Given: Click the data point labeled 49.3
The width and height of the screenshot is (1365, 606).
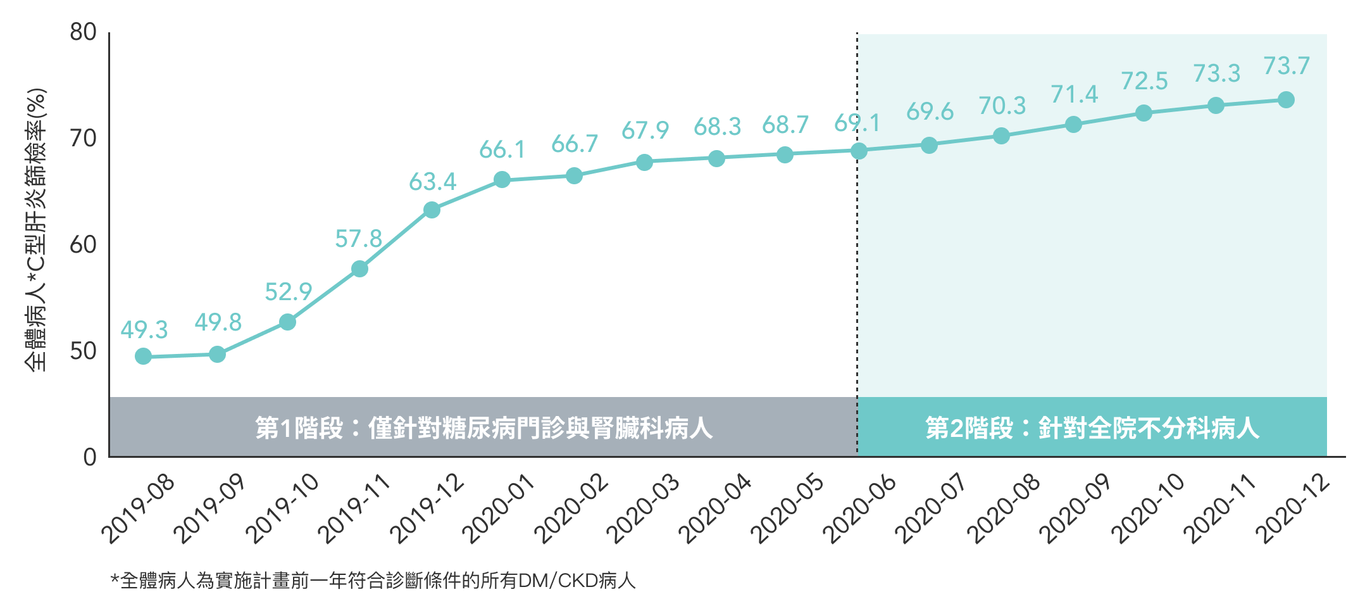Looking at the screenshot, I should point(144,357).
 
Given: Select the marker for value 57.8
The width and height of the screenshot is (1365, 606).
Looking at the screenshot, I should point(359,269).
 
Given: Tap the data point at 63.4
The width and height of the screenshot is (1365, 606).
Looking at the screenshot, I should point(432,210).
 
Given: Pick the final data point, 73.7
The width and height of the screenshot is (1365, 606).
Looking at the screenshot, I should point(1286,99).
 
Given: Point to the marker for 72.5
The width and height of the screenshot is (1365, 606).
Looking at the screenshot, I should point(1144,113).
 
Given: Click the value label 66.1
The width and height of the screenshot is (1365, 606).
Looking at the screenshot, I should point(502,150).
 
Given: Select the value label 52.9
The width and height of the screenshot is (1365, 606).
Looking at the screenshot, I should point(288,292).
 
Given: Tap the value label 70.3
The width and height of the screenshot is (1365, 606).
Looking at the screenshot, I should point(1002,106).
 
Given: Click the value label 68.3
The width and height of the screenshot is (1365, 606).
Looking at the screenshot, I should point(717,127).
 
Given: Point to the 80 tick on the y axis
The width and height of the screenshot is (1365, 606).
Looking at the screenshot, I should point(84,32).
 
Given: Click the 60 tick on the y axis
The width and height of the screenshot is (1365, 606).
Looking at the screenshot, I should point(84,244).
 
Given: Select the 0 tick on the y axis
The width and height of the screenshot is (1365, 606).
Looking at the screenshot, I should point(90,457).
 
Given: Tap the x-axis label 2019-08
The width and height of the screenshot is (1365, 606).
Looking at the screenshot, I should point(139,508).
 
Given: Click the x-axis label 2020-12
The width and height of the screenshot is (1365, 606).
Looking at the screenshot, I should point(1293,508).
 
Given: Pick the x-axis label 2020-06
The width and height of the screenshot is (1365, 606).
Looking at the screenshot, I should point(860,508).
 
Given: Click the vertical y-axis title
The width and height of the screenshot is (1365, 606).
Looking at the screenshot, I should point(36,229).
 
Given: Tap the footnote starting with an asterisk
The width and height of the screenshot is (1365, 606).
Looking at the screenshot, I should point(373,580).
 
